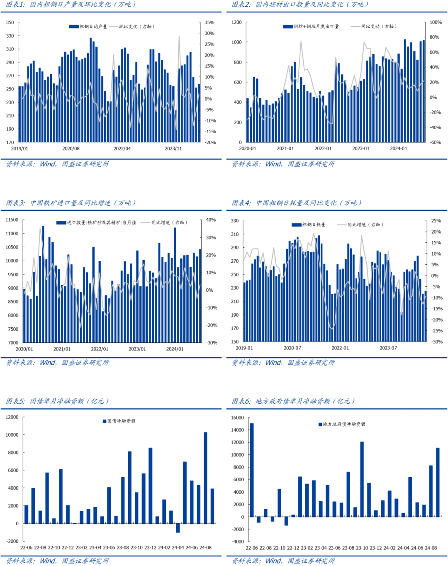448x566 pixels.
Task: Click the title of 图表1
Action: tap(71, 5)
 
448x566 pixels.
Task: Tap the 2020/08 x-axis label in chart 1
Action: tap(71, 149)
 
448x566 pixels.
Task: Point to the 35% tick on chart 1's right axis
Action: tap(209, 22)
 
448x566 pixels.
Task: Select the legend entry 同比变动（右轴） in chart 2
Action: tap(378, 27)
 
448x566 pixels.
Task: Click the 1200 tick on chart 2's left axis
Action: tap(236, 22)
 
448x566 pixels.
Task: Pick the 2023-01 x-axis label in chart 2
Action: tap(360, 149)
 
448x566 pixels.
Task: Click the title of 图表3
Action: tap(71, 203)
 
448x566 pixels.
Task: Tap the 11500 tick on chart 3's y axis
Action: tap(12, 220)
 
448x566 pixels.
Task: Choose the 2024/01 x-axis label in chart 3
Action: tap(175, 349)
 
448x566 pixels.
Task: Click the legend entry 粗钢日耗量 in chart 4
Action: tap(314, 225)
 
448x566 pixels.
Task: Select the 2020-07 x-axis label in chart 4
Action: tap(292, 348)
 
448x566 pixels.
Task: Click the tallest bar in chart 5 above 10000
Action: tap(205, 477)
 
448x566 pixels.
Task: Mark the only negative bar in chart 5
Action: tap(178, 528)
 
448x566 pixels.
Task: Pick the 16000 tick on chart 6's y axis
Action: tap(238, 418)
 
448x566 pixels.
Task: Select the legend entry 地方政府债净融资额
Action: tap(344, 424)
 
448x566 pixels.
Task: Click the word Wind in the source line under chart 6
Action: tap(273, 561)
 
